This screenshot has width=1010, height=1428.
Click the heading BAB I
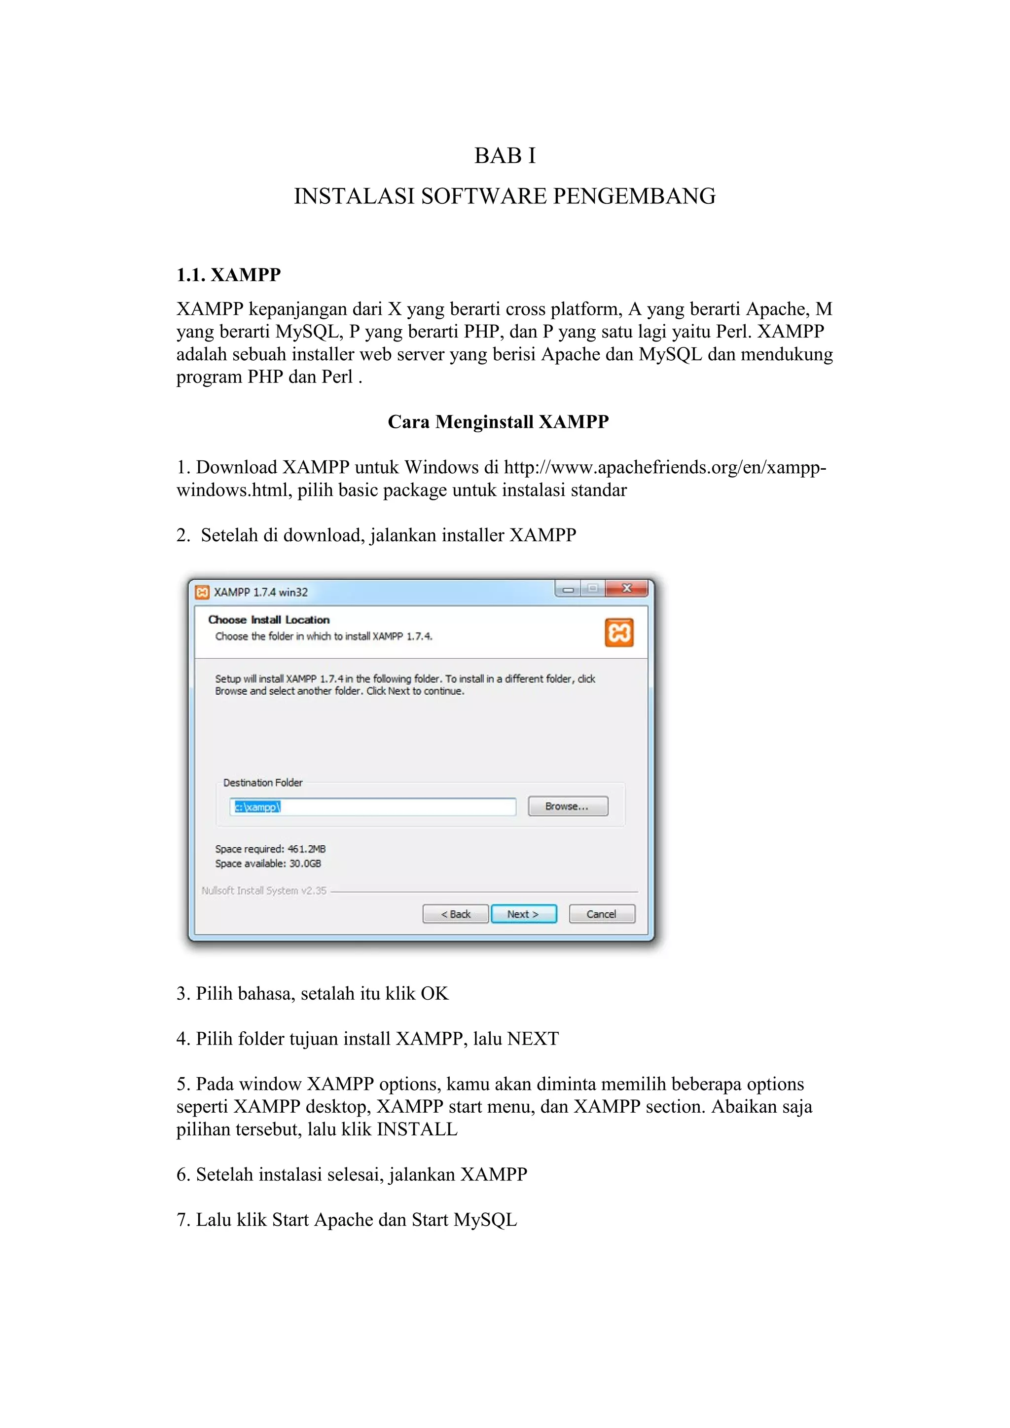click(x=505, y=155)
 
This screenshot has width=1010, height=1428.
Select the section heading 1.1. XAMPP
click(x=228, y=274)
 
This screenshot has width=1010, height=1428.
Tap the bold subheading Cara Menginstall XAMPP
click(x=498, y=421)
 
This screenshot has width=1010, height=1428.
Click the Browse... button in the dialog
click(x=567, y=806)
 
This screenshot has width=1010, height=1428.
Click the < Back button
click(x=455, y=913)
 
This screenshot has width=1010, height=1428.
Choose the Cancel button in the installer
click(x=601, y=913)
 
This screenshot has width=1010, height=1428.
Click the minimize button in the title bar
click(x=568, y=589)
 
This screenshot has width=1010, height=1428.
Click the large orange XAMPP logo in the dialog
click(x=619, y=632)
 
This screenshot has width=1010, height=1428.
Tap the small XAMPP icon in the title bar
click(x=202, y=592)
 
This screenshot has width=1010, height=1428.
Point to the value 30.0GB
click(x=305, y=863)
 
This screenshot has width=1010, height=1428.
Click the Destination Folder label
click(x=262, y=782)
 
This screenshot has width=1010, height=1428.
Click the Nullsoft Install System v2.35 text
click(x=264, y=890)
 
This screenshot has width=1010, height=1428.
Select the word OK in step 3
click(x=434, y=993)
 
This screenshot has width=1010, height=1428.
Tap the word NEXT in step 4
click(x=533, y=1039)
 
